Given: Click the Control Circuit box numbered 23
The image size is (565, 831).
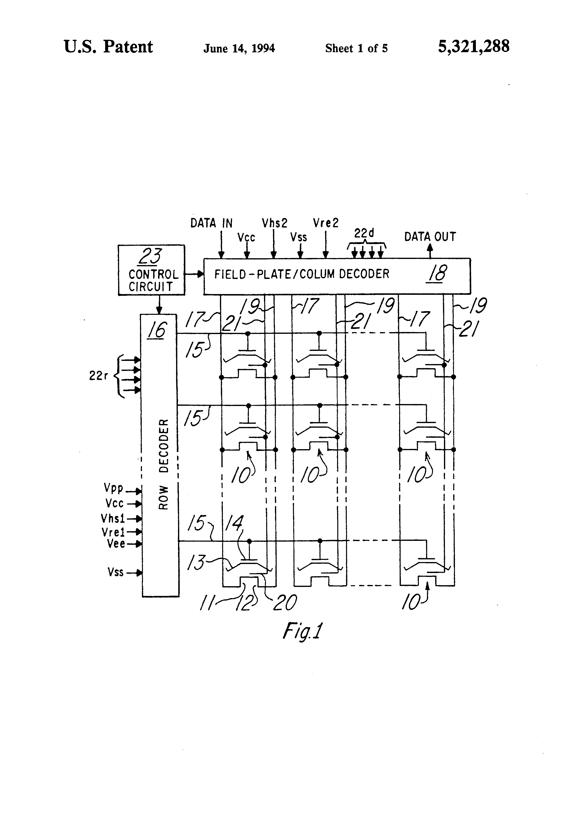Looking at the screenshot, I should point(151,270).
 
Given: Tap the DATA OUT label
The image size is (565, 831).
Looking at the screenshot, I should point(430,237).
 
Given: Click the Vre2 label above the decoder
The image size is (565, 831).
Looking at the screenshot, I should point(325,223).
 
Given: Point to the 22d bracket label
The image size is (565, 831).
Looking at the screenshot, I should point(364,233).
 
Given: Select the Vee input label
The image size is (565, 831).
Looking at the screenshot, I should point(116,544).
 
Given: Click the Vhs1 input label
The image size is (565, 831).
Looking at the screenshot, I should point(113,518).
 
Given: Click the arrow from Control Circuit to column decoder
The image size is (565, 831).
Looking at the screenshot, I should point(194,274).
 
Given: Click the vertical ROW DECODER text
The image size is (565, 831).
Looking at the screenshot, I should point(163,464).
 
